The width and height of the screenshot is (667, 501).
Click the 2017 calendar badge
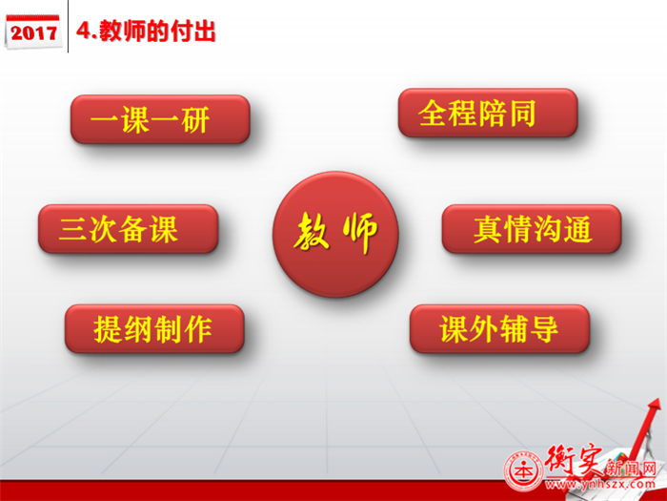33,31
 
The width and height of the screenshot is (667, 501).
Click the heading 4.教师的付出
146,31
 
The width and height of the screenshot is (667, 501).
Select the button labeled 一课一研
160,119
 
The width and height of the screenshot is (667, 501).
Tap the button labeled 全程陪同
488,113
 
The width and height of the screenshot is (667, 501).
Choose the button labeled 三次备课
128,229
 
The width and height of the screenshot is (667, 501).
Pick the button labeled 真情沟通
532,229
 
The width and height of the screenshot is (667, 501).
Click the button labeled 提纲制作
154,328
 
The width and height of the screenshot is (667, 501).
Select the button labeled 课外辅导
499,328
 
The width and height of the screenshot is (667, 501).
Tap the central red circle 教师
335,235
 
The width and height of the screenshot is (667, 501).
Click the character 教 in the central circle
312,231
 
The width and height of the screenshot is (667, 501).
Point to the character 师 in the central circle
360,232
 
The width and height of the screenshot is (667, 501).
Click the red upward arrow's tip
658,400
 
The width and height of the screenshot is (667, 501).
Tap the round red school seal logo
524,471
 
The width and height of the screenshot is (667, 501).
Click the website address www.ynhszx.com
599,484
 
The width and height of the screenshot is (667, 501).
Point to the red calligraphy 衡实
575,461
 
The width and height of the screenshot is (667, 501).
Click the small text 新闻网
631,469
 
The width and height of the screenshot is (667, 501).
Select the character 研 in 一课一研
195,119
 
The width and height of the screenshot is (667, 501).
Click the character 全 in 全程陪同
433,114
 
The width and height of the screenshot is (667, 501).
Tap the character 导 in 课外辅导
544,329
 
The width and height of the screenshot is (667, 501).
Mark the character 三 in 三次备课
73,229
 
